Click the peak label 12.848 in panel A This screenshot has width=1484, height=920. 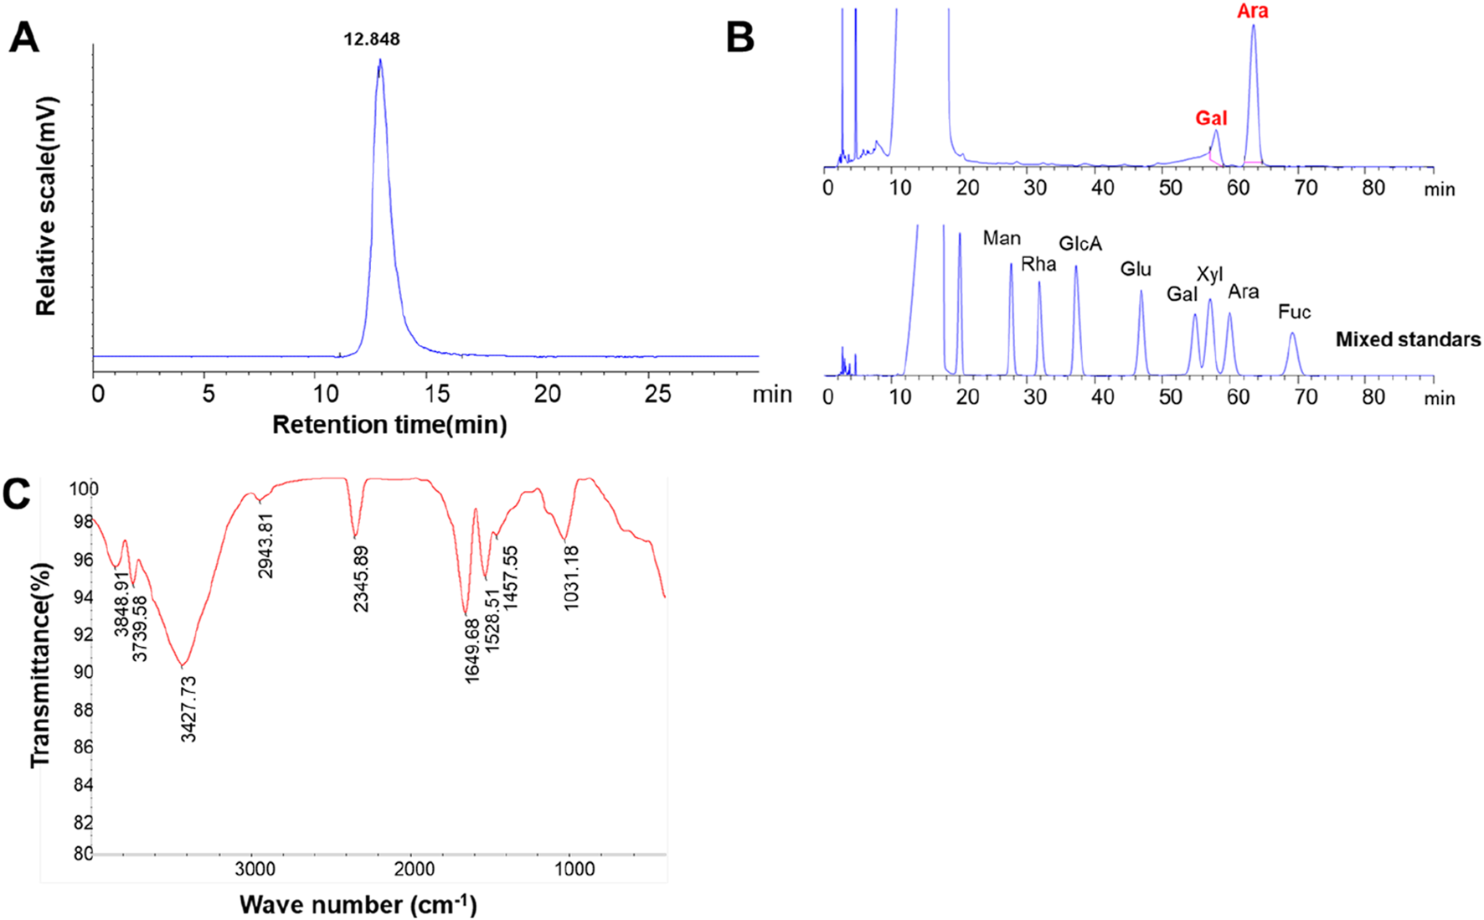(372, 39)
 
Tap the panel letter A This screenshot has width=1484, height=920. (24, 39)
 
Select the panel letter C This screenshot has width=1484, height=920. (18, 494)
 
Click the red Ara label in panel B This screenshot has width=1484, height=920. (1253, 12)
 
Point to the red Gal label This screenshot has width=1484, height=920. (1211, 118)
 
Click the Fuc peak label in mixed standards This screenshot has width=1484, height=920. (1294, 313)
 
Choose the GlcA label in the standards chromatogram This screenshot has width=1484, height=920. (1080, 244)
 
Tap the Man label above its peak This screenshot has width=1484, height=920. (1002, 239)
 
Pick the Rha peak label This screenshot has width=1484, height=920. (1038, 265)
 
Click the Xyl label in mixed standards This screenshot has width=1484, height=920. (1209, 275)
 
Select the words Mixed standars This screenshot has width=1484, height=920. (1408, 339)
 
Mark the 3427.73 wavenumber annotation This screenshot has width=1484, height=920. (188, 709)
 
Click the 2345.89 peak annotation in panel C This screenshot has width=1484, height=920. (361, 579)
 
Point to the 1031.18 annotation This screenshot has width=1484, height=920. (571, 577)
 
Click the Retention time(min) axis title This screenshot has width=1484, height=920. (389, 425)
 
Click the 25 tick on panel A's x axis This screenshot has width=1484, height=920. (657, 394)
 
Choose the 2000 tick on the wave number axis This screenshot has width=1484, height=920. (414, 869)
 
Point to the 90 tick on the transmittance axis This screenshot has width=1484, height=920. (82, 672)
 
